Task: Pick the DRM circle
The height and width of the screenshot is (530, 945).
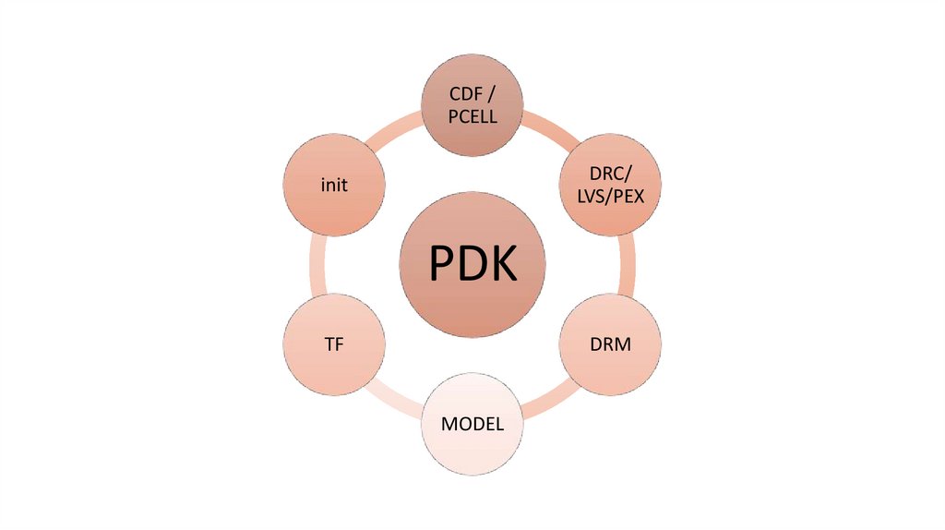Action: pos(611,344)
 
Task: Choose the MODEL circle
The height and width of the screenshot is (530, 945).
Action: pos(472,425)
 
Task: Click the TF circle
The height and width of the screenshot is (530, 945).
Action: pos(334,344)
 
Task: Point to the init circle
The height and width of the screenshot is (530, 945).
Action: pos(334,185)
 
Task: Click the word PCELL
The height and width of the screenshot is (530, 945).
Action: pos(472,116)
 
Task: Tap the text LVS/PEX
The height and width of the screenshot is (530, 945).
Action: pos(611,196)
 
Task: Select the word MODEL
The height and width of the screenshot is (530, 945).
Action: pos(472,425)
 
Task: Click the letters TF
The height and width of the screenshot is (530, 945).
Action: pos(334,344)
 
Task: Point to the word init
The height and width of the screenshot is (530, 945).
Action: pos(334,185)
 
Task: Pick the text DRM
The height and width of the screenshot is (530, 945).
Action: pos(611,344)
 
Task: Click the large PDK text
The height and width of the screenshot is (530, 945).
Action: pos(472,266)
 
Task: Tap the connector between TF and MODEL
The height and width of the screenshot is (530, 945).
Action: pos(397,398)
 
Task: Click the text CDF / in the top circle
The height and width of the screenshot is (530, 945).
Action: pos(472,95)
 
